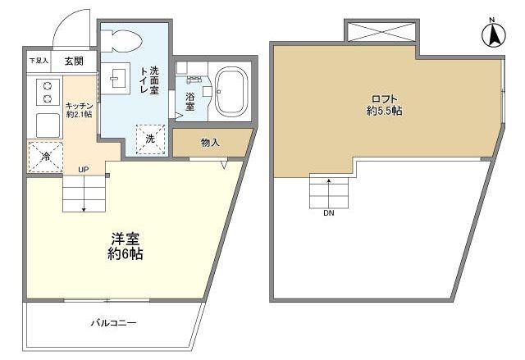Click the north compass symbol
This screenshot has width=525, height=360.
coord(495,34)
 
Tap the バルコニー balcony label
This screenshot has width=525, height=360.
coord(113,322)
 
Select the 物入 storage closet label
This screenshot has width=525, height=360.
coord(210,143)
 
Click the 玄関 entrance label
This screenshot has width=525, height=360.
coord(74,60)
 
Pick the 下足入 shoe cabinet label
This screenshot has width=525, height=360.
coord(39,61)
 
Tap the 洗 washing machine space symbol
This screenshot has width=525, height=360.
coord(150,138)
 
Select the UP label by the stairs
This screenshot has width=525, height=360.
coord(83,170)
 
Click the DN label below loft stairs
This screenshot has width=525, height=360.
coord(328,215)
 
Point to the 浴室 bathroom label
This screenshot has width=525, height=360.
coord(189,102)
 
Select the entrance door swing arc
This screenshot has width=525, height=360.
coord(70,26)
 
